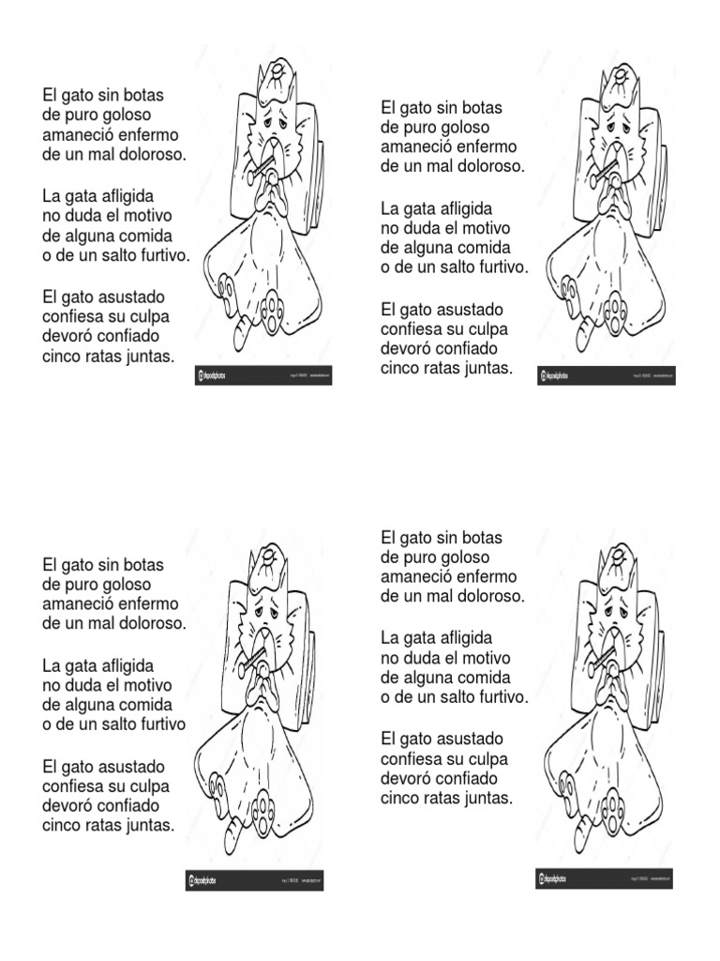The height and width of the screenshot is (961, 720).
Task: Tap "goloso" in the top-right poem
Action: pyautogui.click(x=462, y=128)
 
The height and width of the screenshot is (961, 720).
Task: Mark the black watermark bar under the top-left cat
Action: pyautogui.click(x=263, y=375)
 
